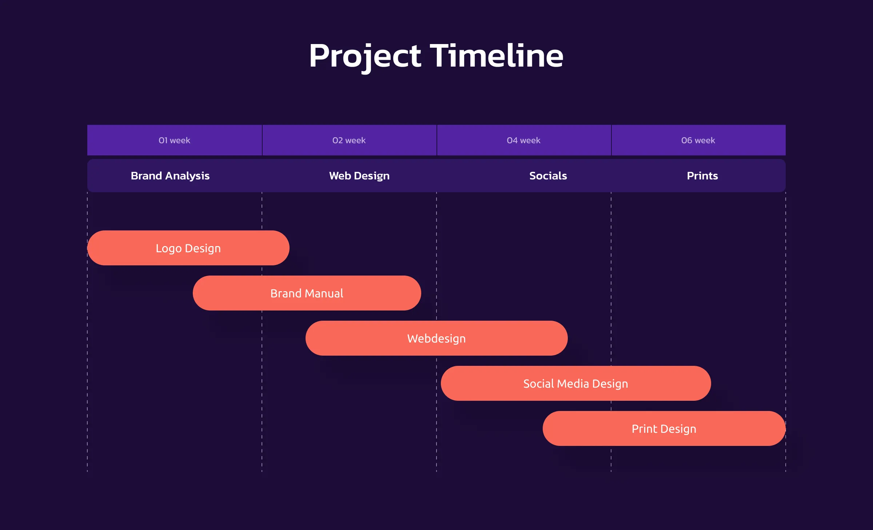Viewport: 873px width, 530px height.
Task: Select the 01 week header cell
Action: point(175,140)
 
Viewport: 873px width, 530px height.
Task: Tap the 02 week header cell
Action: point(349,140)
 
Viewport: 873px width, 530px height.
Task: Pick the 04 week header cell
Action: point(524,140)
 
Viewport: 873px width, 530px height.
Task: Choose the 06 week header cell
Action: point(698,140)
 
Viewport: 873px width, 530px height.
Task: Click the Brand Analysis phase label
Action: point(170,176)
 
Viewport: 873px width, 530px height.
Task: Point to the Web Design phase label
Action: point(359,176)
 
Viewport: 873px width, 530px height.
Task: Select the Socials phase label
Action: point(548,176)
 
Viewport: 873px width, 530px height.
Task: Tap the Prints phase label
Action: point(702,176)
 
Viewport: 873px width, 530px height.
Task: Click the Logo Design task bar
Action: point(188,248)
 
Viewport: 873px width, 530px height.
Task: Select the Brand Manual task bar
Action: point(307,293)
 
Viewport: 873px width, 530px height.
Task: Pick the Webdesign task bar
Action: point(436,338)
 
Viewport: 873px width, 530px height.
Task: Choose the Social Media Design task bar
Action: point(576,383)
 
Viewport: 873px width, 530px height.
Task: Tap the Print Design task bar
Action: point(664,428)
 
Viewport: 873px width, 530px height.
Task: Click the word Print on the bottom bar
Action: point(645,429)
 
